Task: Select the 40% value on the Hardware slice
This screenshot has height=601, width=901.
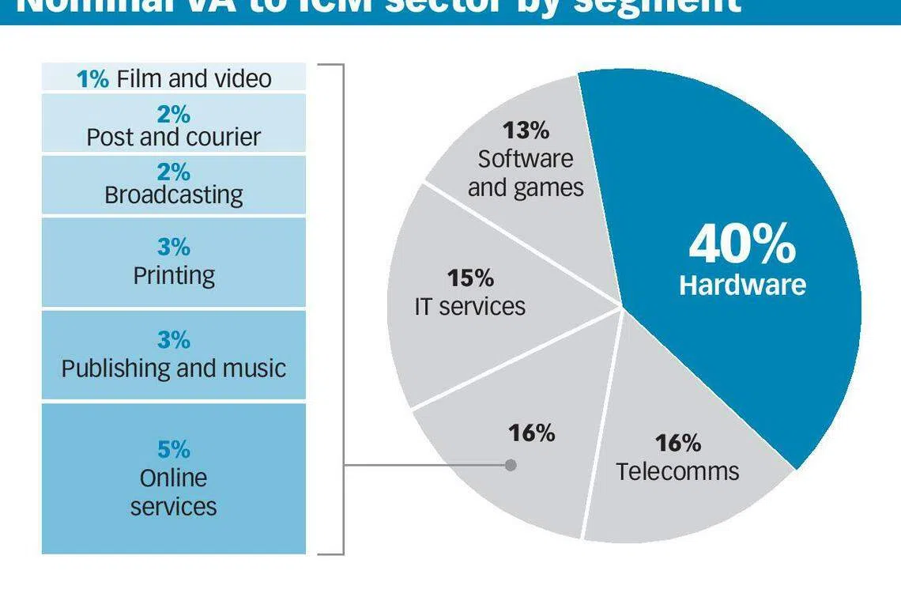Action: (741, 244)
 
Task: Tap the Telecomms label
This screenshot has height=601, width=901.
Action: (677, 471)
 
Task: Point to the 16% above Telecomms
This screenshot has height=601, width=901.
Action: (677, 442)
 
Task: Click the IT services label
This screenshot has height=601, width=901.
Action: (469, 306)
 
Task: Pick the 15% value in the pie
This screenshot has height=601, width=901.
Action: (470, 278)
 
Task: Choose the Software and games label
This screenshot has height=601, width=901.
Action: (526, 173)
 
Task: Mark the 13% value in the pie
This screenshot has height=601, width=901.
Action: (526, 130)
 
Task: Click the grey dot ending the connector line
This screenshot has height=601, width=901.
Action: (511, 465)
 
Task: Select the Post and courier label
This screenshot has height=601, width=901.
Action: (173, 137)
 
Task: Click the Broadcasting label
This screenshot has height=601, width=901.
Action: (173, 195)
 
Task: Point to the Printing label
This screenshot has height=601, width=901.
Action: (173, 275)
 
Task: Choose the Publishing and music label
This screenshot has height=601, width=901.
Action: (173, 368)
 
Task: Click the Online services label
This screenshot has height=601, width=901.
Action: (173, 492)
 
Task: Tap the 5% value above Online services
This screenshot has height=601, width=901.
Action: (173, 449)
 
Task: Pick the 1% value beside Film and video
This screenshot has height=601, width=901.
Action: (92, 78)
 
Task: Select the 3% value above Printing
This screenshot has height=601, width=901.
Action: (173, 248)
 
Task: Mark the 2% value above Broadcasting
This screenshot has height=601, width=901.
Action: (173, 172)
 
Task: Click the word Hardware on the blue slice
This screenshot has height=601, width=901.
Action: (742, 285)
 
